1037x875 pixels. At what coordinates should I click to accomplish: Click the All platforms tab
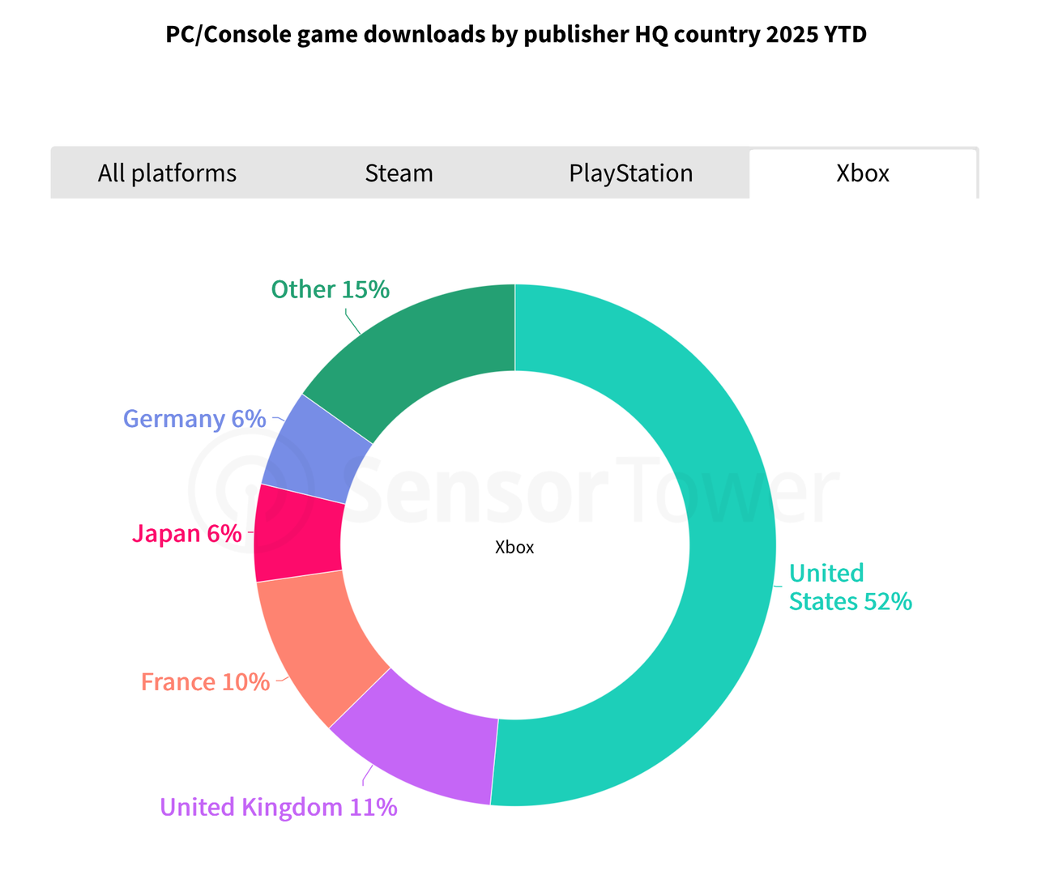tap(167, 173)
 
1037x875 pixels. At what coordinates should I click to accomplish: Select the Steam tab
tap(399, 173)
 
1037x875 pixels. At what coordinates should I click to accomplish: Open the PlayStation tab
tap(630, 173)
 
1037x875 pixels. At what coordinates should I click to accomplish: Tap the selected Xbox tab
tap(863, 173)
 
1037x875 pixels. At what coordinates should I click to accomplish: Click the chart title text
tap(516, 35)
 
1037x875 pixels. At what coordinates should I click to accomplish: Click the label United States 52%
tap(850, 587)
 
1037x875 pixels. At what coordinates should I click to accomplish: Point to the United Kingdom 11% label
tap(279, 807)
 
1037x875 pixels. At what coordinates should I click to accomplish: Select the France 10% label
tap(205, 682)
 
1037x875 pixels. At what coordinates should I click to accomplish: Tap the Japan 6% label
tap(186, 533)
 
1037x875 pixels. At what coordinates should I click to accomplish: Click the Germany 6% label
tap(194, 419)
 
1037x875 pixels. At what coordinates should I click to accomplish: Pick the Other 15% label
tap(331, 289)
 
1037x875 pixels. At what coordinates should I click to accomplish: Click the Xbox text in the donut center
tap(514, 548)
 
